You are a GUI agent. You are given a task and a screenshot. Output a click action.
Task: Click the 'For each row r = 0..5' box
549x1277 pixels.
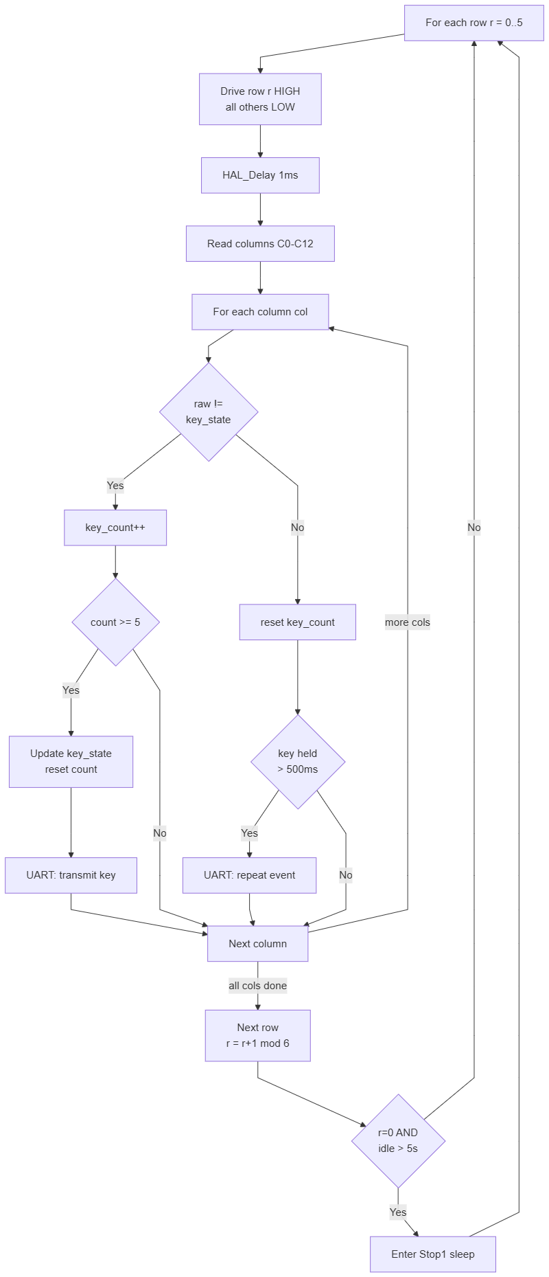coord(474,23)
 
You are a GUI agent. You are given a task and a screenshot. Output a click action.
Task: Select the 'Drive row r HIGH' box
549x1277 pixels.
coord(260,99)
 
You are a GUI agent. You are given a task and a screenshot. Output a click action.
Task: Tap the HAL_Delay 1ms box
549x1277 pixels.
coord(260,175)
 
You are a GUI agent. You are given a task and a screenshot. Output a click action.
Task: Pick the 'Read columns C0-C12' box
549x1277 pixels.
coord(260,243)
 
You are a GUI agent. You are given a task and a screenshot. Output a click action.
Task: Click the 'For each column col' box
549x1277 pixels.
coord(260,312)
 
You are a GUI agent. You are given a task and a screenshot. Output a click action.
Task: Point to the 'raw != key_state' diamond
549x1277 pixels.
coord(209,411)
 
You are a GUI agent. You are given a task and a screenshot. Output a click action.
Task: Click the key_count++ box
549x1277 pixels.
coord(115,528)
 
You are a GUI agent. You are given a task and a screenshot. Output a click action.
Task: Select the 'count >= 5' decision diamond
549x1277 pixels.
coord(115,622)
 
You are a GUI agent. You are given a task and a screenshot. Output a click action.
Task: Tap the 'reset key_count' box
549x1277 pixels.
coord(297,622)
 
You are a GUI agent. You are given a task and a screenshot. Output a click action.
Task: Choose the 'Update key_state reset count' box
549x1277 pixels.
coord(71,762)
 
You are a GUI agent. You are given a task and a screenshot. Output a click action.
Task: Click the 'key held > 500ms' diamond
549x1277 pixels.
coord(298,762)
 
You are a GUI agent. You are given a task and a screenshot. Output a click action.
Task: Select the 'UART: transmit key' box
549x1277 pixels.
coord(71,875)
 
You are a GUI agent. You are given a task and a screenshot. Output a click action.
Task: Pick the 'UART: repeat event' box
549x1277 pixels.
coord(249,875)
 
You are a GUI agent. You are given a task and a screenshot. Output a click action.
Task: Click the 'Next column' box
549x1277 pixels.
coord(258,944)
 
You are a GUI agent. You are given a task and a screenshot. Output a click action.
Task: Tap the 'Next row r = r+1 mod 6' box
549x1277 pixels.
coord(258,1035)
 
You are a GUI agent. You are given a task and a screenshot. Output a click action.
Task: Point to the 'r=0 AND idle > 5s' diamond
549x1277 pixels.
coord(398,1141)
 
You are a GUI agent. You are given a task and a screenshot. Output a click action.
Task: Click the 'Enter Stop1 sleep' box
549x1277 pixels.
coord(432,1254)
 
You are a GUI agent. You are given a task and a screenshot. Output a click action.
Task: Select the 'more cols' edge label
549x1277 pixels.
coord(408,622)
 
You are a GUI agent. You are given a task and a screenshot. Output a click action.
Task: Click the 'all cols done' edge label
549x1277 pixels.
coord(258,986)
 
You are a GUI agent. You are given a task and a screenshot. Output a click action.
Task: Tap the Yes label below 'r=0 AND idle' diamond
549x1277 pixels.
coord(398,1212)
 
